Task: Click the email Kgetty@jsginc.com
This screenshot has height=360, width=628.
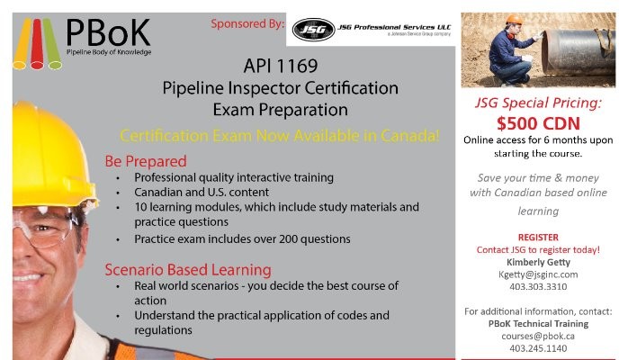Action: [x=538, y=274]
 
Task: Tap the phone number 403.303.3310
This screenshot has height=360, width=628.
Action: [x=538, y=286]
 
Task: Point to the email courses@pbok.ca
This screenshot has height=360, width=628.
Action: [x=538, y=336]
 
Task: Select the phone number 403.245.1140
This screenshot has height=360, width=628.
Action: [x=538, y=348]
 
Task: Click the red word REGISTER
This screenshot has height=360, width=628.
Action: [x=538, y=237]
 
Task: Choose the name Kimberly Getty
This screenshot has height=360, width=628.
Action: [x=538, y=262]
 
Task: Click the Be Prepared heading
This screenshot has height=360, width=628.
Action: [x=146, y=161]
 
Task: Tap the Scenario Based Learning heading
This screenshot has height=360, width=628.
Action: [x=187, y=268]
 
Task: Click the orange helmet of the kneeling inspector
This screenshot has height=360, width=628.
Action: [x=514, y=19]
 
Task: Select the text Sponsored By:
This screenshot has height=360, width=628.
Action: [x=247, y=23]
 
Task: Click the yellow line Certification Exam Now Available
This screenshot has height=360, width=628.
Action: [x=280, y=136]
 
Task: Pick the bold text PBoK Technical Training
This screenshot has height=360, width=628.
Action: [x=538, y=323]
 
